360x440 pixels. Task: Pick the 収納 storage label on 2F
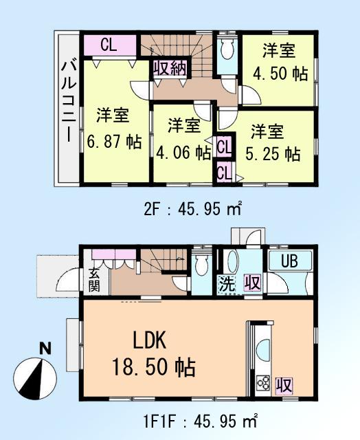pos(170,68)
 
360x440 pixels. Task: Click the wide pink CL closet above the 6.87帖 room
pos(110,45)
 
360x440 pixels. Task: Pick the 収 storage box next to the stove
pos(282,384)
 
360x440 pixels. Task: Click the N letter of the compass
pos(45,348)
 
